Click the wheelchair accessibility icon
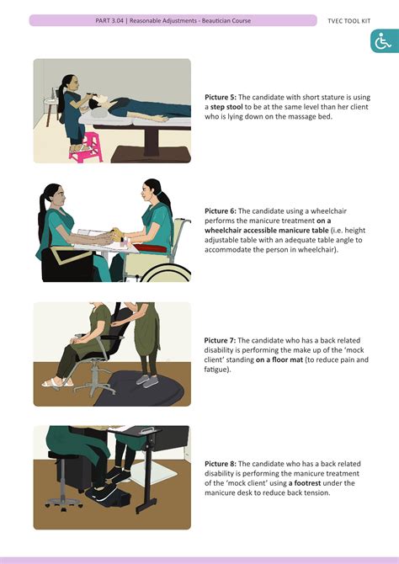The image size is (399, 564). click(x=383, y=42)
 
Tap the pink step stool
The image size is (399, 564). click(x=86, y=147)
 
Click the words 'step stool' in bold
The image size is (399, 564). click(x=226, y=107)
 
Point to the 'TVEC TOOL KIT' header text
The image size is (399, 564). click(x=348, y=21)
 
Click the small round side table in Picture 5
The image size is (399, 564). click(x=51, y=107)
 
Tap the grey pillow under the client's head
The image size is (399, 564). click(x=98, y=114)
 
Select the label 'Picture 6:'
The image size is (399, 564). click(x=221, y=210)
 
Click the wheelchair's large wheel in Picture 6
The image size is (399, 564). click(x=166, y=273)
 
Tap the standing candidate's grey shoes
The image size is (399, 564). click(x=147, y=380)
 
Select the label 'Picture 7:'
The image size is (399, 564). click(x=220, y=340)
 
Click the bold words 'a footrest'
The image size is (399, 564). click(x=305, y=482)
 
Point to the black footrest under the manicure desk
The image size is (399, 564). click(x=107, y=496)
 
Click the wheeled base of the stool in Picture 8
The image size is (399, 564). click(x=63, y=503)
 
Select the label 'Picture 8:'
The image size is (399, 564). click(x=221, y=464)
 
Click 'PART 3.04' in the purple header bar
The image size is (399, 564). click(x=109, y=20)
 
